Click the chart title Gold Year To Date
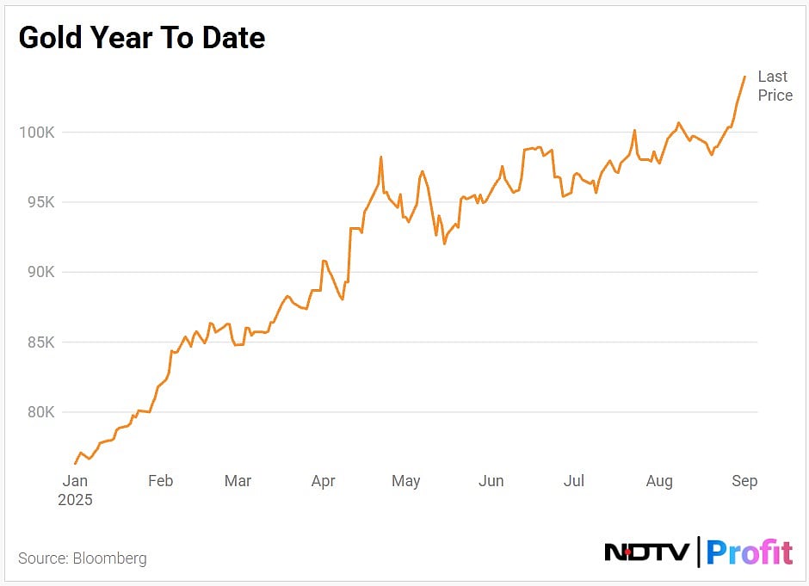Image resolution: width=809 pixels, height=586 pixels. (141, 38)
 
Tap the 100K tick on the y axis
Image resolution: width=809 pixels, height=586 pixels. (36, 133)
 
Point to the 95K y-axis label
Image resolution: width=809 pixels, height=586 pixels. (38, 202)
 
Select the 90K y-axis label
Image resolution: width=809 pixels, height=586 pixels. (38, 272)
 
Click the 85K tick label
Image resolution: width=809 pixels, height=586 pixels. (38, 342)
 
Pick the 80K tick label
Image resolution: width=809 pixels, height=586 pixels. (38, 412)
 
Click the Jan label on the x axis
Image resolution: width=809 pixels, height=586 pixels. (75, 481)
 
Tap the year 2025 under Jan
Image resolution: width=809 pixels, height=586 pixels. (75, 499)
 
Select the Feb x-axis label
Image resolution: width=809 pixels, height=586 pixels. (160, 481)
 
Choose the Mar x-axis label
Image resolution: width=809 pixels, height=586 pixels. (238, 481)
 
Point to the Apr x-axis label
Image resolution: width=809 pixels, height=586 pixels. (323, 481)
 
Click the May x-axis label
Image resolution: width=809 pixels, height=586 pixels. (405, 481)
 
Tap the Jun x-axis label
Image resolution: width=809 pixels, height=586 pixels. (491, 481)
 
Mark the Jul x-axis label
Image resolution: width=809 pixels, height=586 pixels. (573, 481)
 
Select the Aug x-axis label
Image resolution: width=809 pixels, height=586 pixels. (659, 481)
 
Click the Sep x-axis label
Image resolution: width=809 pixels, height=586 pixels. (744, 481)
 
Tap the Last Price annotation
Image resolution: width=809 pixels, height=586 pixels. (775, 86)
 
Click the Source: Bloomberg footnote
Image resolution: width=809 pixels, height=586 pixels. (83, 558)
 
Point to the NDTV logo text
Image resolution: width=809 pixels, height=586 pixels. (646, 552)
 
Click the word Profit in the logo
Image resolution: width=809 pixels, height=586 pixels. (749, 552)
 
